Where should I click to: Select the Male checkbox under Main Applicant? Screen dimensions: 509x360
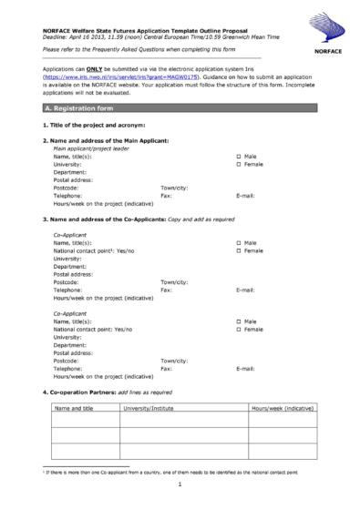[x=239, y=157]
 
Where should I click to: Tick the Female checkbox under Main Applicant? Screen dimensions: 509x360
[x=239, y=164]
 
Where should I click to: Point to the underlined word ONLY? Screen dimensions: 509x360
[x=93, y=72]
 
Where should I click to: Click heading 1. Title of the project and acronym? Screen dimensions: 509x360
[x=94, y=124]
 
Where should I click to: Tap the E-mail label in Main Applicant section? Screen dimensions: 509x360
[x=245, y=195]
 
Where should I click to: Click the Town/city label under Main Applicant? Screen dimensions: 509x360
[x=174, y=187]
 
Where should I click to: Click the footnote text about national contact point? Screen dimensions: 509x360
[x=164, y=473]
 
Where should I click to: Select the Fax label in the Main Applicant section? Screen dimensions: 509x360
[x=166, y=195]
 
